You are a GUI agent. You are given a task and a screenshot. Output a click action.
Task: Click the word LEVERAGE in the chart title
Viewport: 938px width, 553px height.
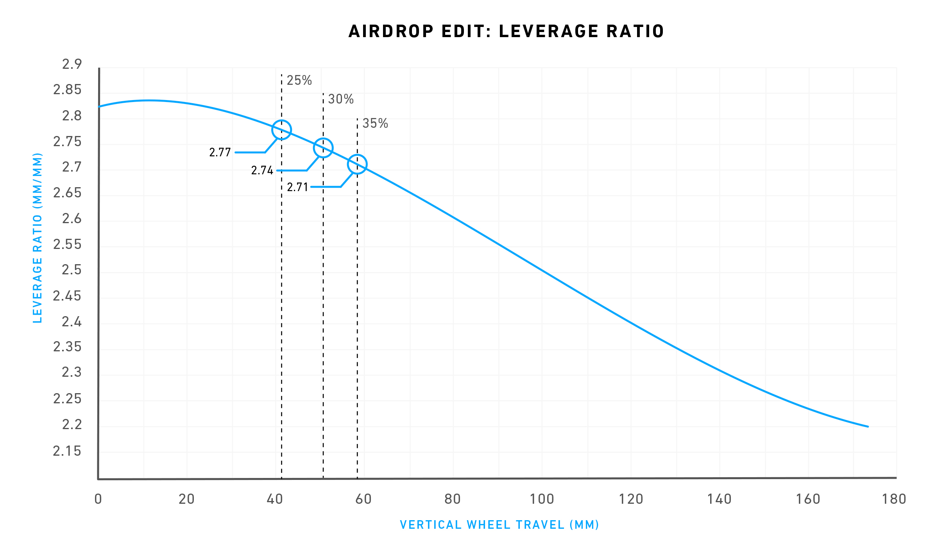(548, 32)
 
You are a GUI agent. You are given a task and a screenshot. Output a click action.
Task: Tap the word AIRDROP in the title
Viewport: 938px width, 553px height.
(391, 32)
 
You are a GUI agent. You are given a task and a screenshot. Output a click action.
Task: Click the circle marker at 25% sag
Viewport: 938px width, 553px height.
(281, 130)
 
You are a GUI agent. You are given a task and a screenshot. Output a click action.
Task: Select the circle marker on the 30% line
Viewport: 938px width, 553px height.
(323, 148)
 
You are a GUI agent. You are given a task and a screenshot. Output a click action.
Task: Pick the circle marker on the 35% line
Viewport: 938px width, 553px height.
(357, 164)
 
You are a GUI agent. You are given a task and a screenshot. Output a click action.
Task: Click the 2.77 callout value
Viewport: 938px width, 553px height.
(220, 152)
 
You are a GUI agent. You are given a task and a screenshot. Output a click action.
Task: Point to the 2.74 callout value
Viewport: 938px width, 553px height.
(262, 171)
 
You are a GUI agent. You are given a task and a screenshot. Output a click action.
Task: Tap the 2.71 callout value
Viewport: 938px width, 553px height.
(298, 188)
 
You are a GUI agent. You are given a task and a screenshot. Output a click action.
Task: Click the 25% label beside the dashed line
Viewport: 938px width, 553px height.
(299, 81)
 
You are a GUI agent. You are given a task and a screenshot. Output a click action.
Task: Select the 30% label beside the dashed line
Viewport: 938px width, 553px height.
(341, 99)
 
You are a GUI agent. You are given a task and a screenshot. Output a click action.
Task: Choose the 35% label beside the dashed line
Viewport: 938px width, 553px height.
(375, 123)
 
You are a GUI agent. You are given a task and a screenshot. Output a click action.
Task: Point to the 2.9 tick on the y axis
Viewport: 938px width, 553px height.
(72, 64)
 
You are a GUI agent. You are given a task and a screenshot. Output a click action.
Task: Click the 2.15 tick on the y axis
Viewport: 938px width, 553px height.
(67, 451)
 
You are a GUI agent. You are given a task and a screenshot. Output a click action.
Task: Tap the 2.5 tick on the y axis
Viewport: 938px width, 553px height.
(72, 270)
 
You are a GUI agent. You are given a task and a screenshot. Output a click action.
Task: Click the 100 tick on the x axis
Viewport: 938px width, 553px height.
(542, 499)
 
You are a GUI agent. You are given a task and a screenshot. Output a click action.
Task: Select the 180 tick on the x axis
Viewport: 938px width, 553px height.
(894, 499)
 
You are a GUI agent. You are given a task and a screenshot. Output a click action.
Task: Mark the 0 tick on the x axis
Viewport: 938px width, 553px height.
(98, 499)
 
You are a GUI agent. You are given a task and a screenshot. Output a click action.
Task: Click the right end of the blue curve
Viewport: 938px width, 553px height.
(868, 426)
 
